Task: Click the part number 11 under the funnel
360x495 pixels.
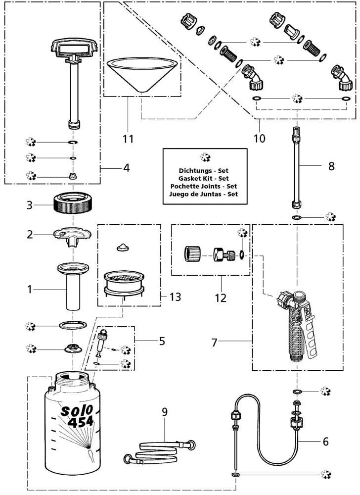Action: (x=128, y=139)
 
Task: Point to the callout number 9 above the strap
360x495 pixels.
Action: (x=165, y=411)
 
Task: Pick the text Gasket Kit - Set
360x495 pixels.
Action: (x=204, y=178)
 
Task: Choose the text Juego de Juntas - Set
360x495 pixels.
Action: (x=204, y=195)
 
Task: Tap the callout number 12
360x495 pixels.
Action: (x=221, y=297)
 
